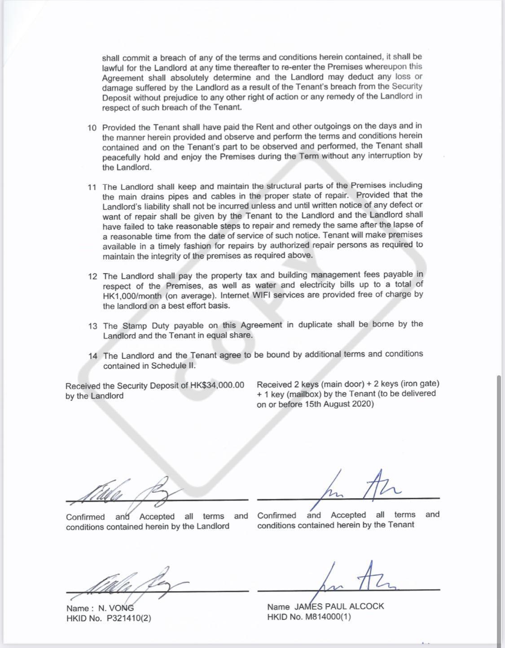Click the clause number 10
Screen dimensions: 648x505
pos(92,128)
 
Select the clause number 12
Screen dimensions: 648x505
pos(92,276)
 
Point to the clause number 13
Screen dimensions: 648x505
pos(93,326)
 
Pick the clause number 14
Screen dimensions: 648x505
pos(93,356)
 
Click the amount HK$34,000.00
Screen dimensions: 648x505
pos(217,385)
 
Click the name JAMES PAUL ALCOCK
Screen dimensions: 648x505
pos(339,606)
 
